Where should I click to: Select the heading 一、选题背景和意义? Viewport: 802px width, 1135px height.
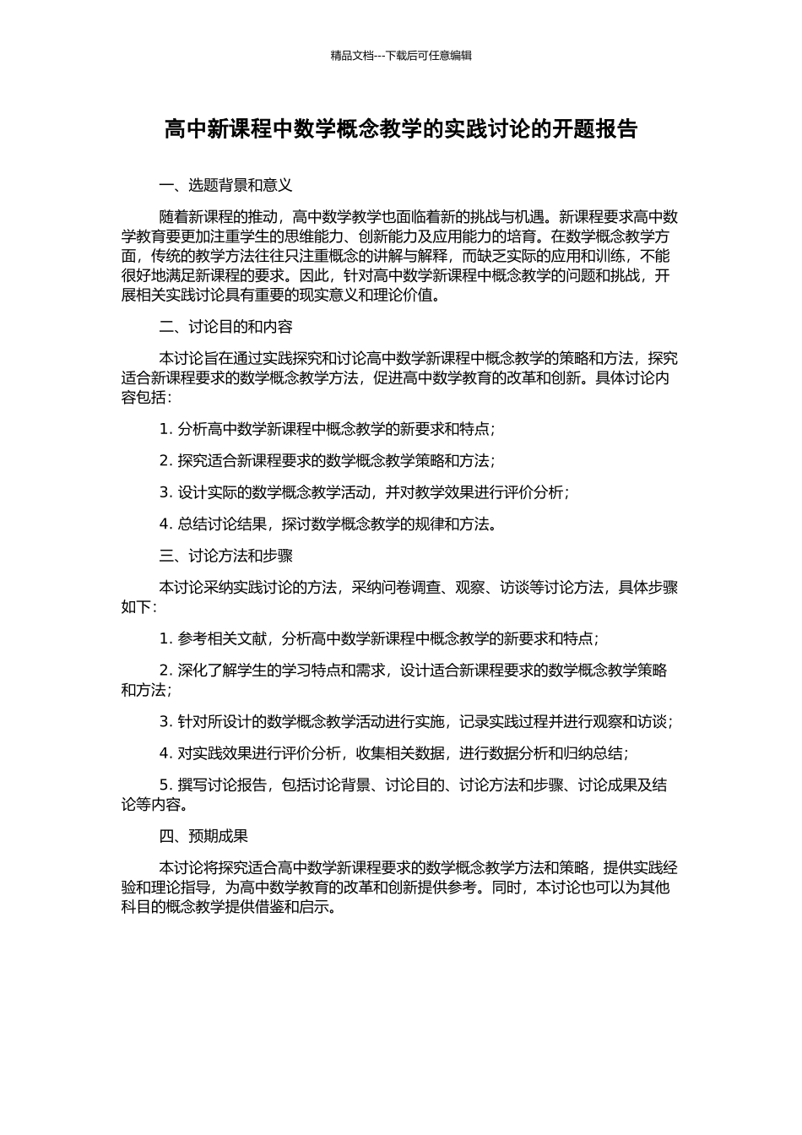coord(225,185)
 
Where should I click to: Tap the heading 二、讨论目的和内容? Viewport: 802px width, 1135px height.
coord(225,327)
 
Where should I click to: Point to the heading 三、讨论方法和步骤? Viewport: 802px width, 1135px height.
coord(225,556)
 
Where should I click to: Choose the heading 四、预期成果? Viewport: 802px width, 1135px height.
coord(203,836)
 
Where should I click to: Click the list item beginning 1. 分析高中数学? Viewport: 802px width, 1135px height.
coord(327,429)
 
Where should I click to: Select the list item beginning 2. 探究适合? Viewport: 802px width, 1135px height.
coord(327,460)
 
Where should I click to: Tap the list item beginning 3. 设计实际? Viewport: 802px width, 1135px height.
coord(364,492)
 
